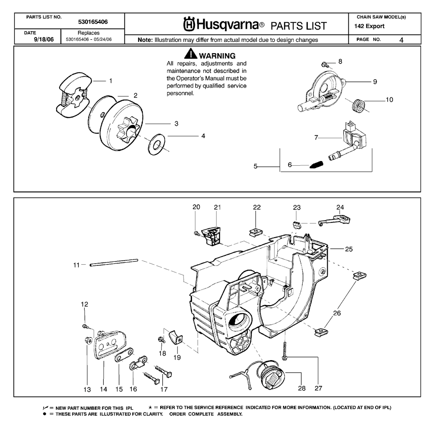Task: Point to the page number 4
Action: point(401,40)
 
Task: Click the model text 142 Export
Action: point(370,26)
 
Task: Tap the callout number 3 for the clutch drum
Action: point(176,124)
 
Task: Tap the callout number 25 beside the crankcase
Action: point(348,249)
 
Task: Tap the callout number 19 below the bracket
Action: point(177,357)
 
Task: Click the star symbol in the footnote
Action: point(151,408)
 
